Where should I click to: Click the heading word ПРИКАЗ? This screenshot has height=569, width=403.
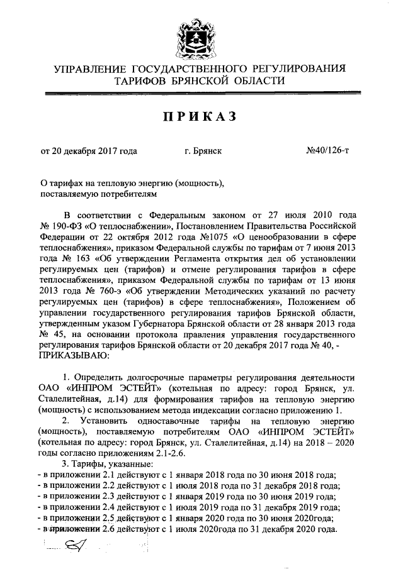201,117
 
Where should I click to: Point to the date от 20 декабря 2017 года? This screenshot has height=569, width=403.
89,151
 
